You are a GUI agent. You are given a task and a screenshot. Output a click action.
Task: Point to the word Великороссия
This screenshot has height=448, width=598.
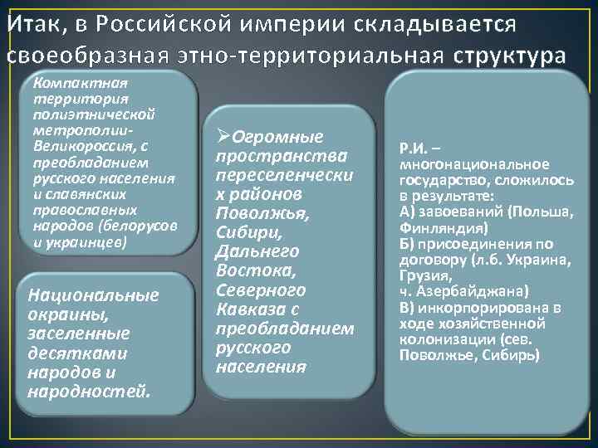click(71, 145)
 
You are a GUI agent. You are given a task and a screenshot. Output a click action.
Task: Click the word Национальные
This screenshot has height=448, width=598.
click(93, 295)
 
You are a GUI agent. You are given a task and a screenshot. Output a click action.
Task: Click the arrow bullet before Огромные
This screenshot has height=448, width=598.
click(222, 137)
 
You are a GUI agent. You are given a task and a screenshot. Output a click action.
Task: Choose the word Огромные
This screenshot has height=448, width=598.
click(277, 137)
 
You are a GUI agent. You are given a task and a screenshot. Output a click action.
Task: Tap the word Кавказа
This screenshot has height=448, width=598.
click(247, 309)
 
